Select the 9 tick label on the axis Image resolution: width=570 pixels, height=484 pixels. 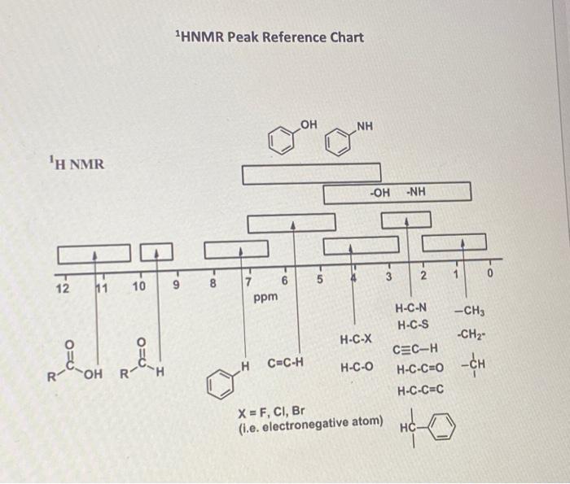[176, 286]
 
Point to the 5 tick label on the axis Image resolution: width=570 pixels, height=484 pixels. [320, 281]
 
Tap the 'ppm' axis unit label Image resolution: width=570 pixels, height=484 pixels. [265, 298]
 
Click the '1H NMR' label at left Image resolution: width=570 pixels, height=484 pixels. [76, 165]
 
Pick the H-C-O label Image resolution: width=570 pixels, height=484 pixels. [356, 367]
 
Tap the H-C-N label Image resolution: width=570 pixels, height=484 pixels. [411, 309]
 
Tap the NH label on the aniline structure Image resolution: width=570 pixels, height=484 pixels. [364, 125]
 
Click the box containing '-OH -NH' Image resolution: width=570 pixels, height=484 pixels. [397, 193]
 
